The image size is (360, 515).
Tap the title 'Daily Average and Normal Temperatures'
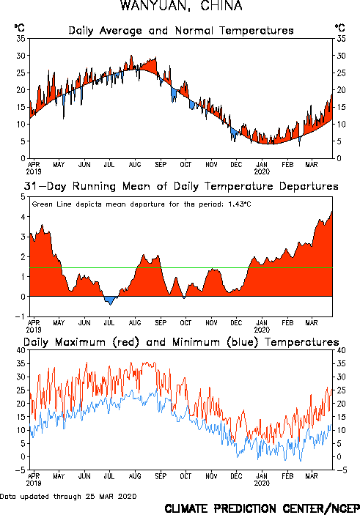(x=181, y=31)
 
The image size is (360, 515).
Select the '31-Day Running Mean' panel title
(x=181, y=187)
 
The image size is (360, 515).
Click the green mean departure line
(x=181, y=267)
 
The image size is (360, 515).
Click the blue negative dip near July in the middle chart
(x=110, y=300)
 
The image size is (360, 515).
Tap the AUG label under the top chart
(x=135, y=165)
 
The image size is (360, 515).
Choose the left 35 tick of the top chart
(x=21, y=39)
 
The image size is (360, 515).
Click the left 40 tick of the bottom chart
(x=21, y=350)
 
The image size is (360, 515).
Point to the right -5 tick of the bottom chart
(x=342, y=470)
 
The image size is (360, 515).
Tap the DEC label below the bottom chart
(x=236, y=476)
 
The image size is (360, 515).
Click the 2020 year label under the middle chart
(x=262, y=330)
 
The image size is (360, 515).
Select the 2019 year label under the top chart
(x=34, y=171)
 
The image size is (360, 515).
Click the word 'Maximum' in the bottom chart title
(x=80, y=342)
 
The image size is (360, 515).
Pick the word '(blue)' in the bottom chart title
(x=243, y=342)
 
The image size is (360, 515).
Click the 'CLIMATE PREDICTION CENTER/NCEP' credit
(x=262, y=508)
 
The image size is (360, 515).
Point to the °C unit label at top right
(x=340, y=28)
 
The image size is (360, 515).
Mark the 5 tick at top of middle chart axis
(x=23, y=197)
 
